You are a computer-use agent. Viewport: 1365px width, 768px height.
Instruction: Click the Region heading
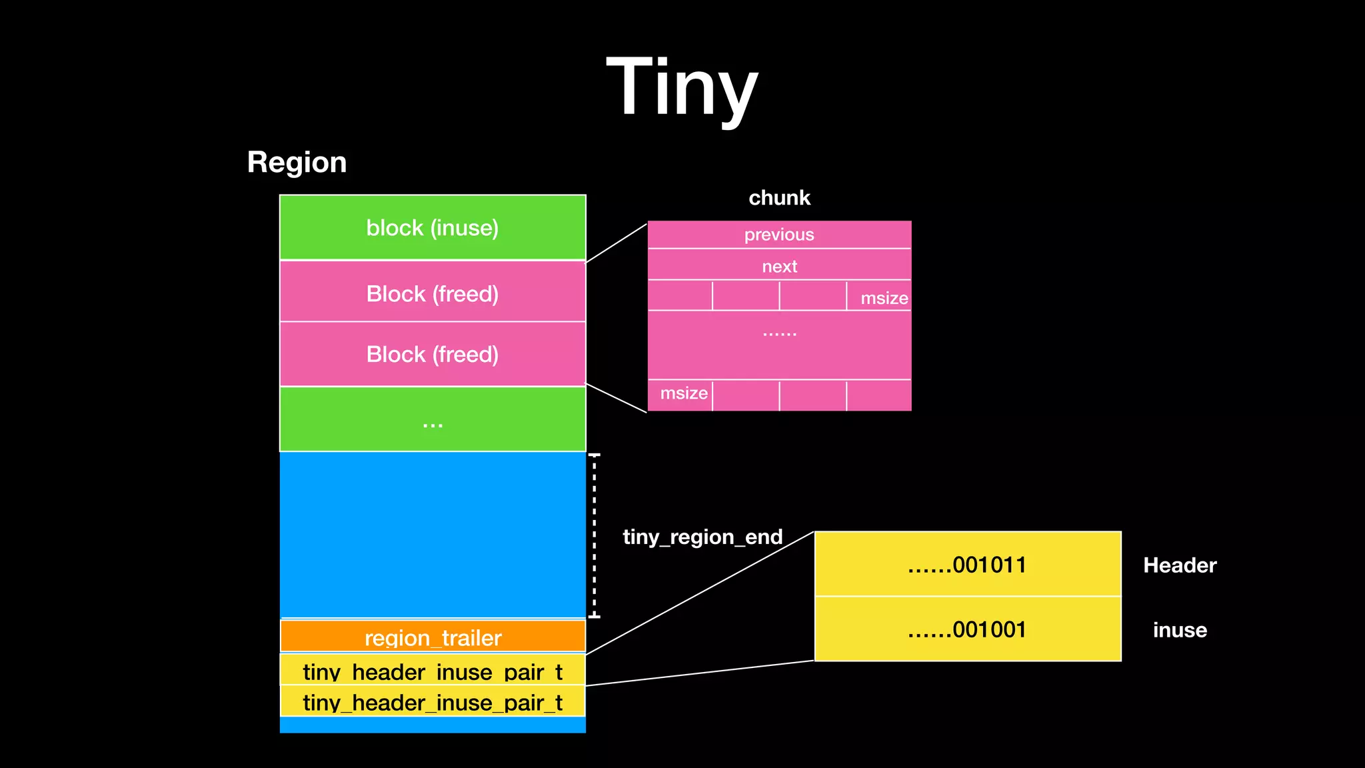tap(297, 162)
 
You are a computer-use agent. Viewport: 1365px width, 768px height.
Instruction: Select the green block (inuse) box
tap(433, 227)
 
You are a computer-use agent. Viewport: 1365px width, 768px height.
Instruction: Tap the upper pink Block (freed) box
tap(433, 293)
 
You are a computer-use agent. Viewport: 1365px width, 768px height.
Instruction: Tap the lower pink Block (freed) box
tap(433, 354)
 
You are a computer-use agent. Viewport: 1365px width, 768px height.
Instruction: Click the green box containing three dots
tap(433, 420)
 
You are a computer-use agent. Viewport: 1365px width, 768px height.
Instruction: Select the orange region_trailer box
tap(433, 637)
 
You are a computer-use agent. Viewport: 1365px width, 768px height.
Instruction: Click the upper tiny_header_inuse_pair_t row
tap(433, 670)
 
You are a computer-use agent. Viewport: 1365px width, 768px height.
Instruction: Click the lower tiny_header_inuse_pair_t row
tap(433, 701)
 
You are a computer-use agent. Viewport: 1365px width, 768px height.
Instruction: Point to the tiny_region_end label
tap(702, 537)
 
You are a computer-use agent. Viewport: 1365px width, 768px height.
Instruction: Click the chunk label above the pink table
tap(779, 197)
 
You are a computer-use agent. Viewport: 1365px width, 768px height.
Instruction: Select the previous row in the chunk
tap(779, 235)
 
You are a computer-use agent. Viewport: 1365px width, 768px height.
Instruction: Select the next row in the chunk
tap(779, 266)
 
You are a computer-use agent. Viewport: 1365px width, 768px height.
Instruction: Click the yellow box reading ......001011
tap(967, 565)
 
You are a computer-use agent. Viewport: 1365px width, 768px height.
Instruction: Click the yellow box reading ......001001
tap(967, 629)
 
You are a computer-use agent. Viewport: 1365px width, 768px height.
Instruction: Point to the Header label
tap(1179, 565)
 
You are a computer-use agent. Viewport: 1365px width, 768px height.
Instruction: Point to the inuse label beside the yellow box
tap(1179, 630)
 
